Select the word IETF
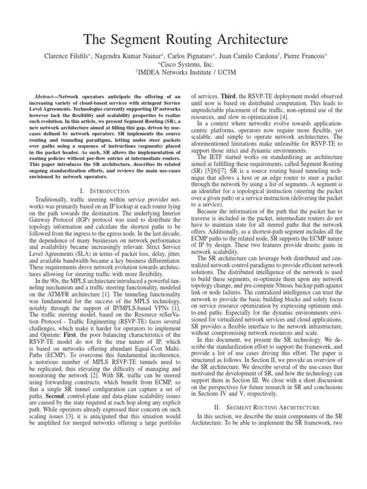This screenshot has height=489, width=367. tap(216, 156)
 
